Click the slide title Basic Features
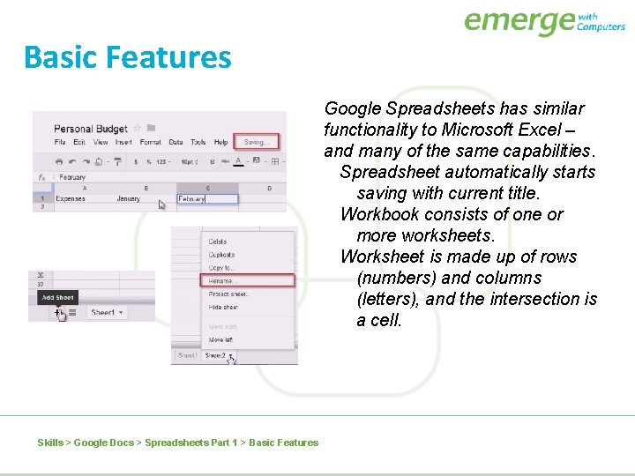128,57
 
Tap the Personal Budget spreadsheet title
91,129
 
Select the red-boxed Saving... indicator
258,142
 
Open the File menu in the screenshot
59,142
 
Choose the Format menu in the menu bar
150,142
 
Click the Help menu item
220,142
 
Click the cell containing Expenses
71,199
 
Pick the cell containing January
129,199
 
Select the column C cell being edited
207,199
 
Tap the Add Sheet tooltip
58,298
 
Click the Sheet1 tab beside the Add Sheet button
104,313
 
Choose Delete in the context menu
218,242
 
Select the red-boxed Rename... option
222,281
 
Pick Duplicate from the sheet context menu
221,255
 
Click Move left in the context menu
221,339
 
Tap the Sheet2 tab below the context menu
216,356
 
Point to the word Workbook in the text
376,214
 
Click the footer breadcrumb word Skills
50,443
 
